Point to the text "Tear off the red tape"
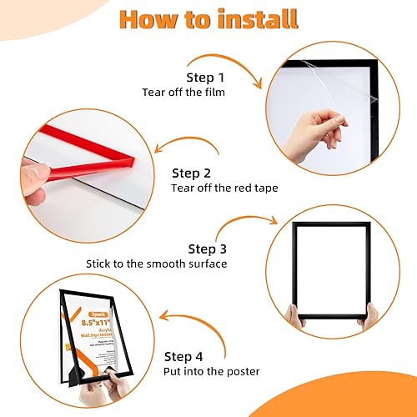pos(224,188)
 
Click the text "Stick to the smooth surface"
pos(157,264)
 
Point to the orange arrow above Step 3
pos(250,225)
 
